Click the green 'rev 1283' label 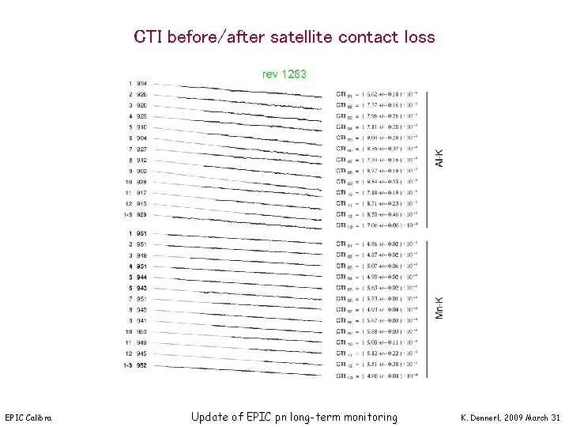point(284,74)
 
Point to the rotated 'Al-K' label point(440,157)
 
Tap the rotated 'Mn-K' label point(440,308)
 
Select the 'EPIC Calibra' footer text point(28,418)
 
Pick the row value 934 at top point(141,83)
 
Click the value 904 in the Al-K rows point(141,138)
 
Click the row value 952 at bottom point(141,365)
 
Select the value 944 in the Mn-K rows point(141,278)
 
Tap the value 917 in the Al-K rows point(141,193)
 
